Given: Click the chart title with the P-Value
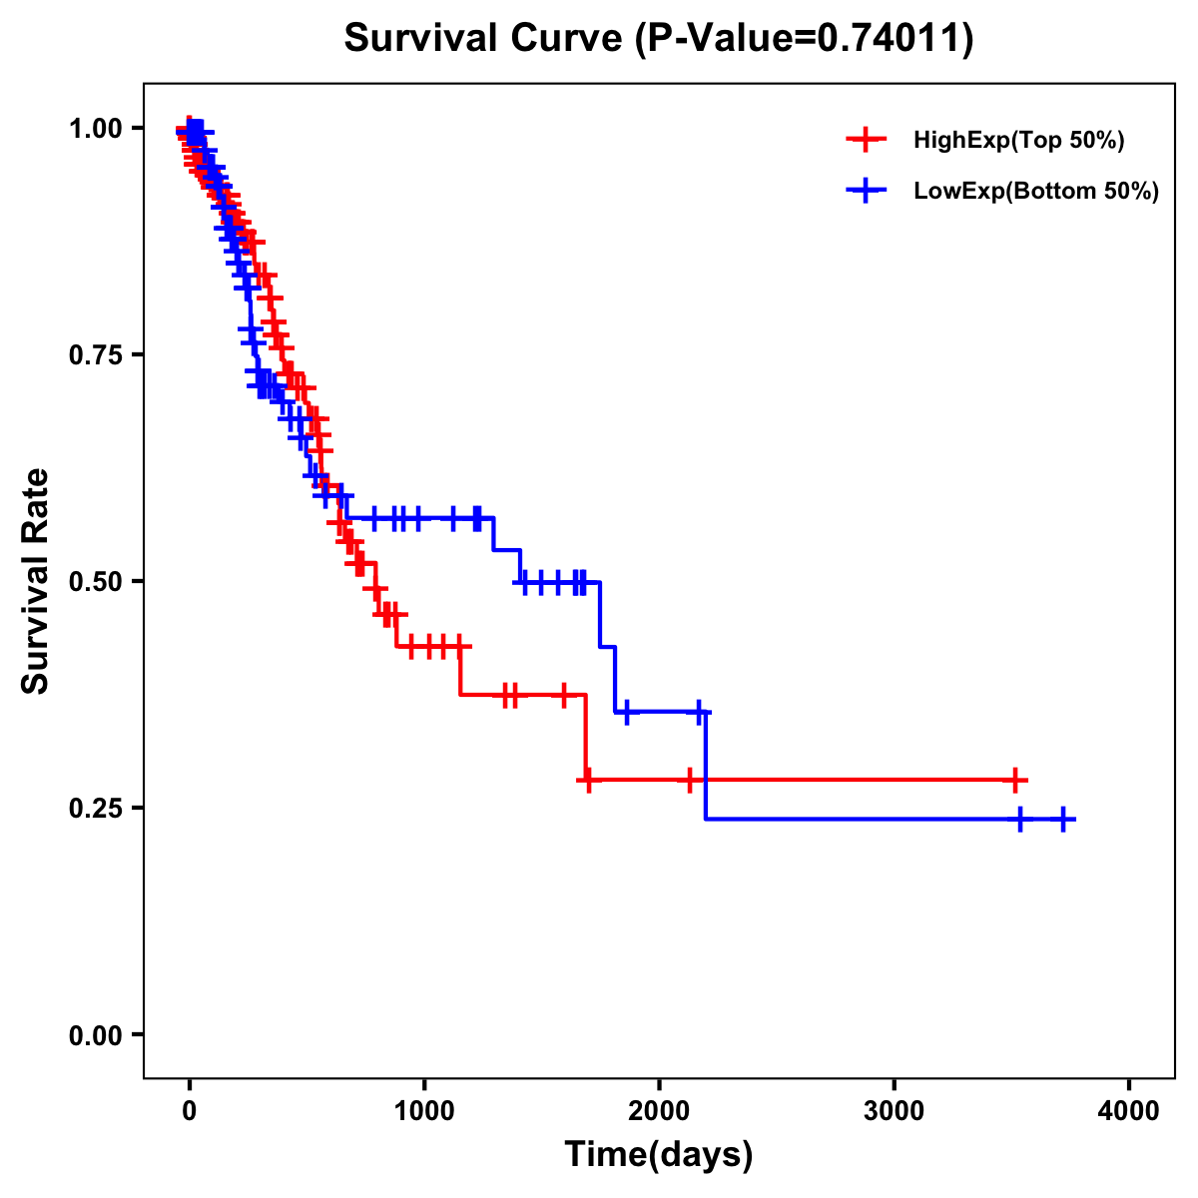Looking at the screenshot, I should pyautogui.click(x=658, y=39).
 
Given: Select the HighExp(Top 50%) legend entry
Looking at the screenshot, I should pyautogui.click(x=1018, y=141).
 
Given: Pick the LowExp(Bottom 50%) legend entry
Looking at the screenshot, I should pyautogui.click(x=1035, y=191).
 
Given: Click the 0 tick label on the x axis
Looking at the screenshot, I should pyautogui.click(x=190, y=1110).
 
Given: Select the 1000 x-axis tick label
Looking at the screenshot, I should pyautogui.click(x=424, y=1110).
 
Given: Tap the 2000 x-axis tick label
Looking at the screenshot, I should pyautogui.click(x=659, y=1110).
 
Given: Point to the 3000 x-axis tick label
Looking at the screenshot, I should pyautogui.click(x=894, y=1110).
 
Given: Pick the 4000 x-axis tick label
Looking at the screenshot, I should pyautogui.click(x=1129, y=1110).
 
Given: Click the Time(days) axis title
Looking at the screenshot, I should pyautogui.click(x=659, y=1155).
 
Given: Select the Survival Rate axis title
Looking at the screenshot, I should pyautogui.click(x=37, y=581).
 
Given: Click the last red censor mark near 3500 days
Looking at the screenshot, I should pyautogui.click(x=1014, y=780).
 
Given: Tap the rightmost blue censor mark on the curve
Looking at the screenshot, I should pyautogui.click(x=1063, y=820).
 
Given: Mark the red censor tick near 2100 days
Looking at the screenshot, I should pyautogui.click(x=689, y=780).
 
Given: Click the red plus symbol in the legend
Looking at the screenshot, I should pyautogui.click(x=866, y=141).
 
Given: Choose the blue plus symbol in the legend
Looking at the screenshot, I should pyautogui.click(x=866, y=191).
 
